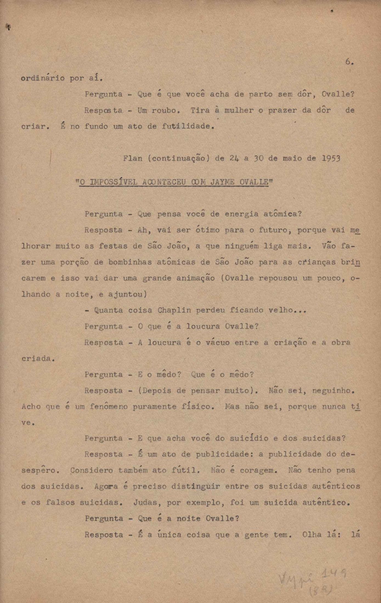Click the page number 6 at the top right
click(x=349, y=62)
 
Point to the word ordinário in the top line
click(x=43, y=78)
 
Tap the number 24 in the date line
click(x=234, y=158)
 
